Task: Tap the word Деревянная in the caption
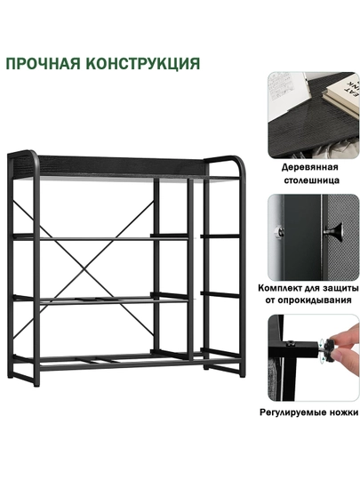point(310,167)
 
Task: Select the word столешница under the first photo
point(312,180)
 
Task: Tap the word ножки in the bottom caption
point(344,412)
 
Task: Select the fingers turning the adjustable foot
point(347,346)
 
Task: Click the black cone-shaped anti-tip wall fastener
point(332,232)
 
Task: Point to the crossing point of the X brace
point(84,269)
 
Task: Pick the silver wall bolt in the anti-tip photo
point(278,231)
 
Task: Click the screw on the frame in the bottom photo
point(292,344)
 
